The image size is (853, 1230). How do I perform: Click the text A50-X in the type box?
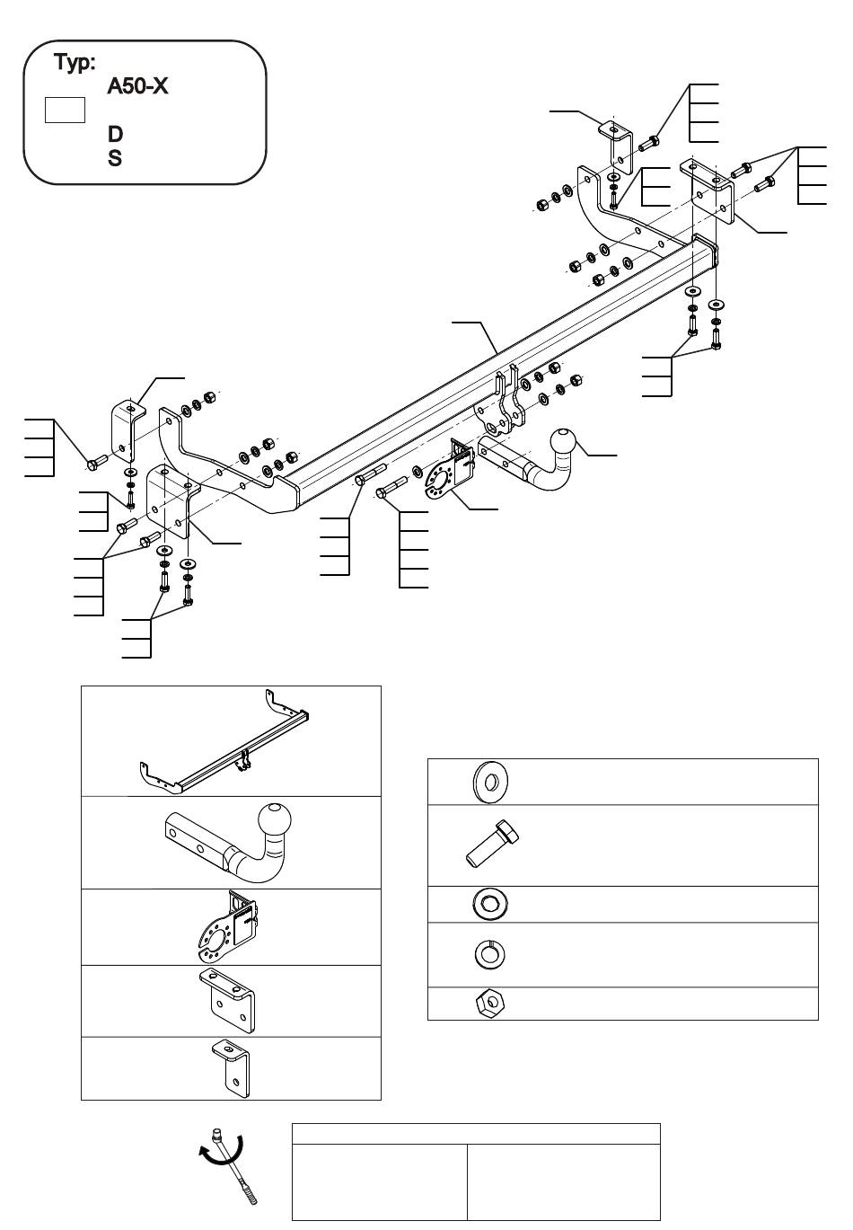coord(137,86)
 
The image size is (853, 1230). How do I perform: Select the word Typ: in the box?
coord(75,63)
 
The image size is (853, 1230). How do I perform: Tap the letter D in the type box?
coord(115,134)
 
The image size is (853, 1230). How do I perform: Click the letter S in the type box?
coord(115,158)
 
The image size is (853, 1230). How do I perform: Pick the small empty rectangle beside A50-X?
coord(65,110)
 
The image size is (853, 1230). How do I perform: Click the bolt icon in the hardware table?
coord(492,844)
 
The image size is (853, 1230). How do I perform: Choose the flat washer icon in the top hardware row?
coord(490,781)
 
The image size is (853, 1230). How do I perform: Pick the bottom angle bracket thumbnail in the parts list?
coord(231,1068)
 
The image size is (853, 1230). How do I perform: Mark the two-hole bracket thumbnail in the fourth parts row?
coord(226,1001)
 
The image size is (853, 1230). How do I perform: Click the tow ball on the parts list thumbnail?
coord(275,820)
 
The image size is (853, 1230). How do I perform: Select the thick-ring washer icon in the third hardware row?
coord(490,904)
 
